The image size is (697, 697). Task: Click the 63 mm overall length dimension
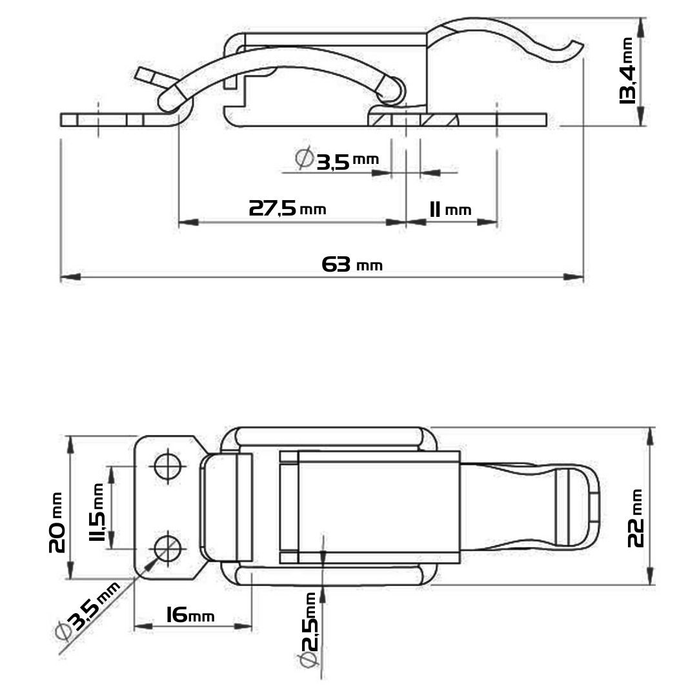352,265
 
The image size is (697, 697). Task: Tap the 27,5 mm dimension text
287,208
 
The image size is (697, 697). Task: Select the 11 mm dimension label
450,209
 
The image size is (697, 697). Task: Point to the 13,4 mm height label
627,71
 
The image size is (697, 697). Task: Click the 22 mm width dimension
636,518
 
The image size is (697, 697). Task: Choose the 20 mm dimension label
57,522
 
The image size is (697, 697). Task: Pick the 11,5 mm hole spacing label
96,512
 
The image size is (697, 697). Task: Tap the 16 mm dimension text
190,615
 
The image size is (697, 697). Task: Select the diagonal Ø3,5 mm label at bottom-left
88,611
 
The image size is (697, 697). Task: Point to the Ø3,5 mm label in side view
337,158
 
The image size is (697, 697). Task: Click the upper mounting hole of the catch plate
168,466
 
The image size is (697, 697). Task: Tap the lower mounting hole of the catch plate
168,548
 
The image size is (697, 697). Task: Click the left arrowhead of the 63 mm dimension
70,277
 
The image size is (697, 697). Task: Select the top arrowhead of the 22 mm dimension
651,436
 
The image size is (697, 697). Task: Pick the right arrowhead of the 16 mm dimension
243,626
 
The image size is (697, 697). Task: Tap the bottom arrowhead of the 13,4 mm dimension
641,116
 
